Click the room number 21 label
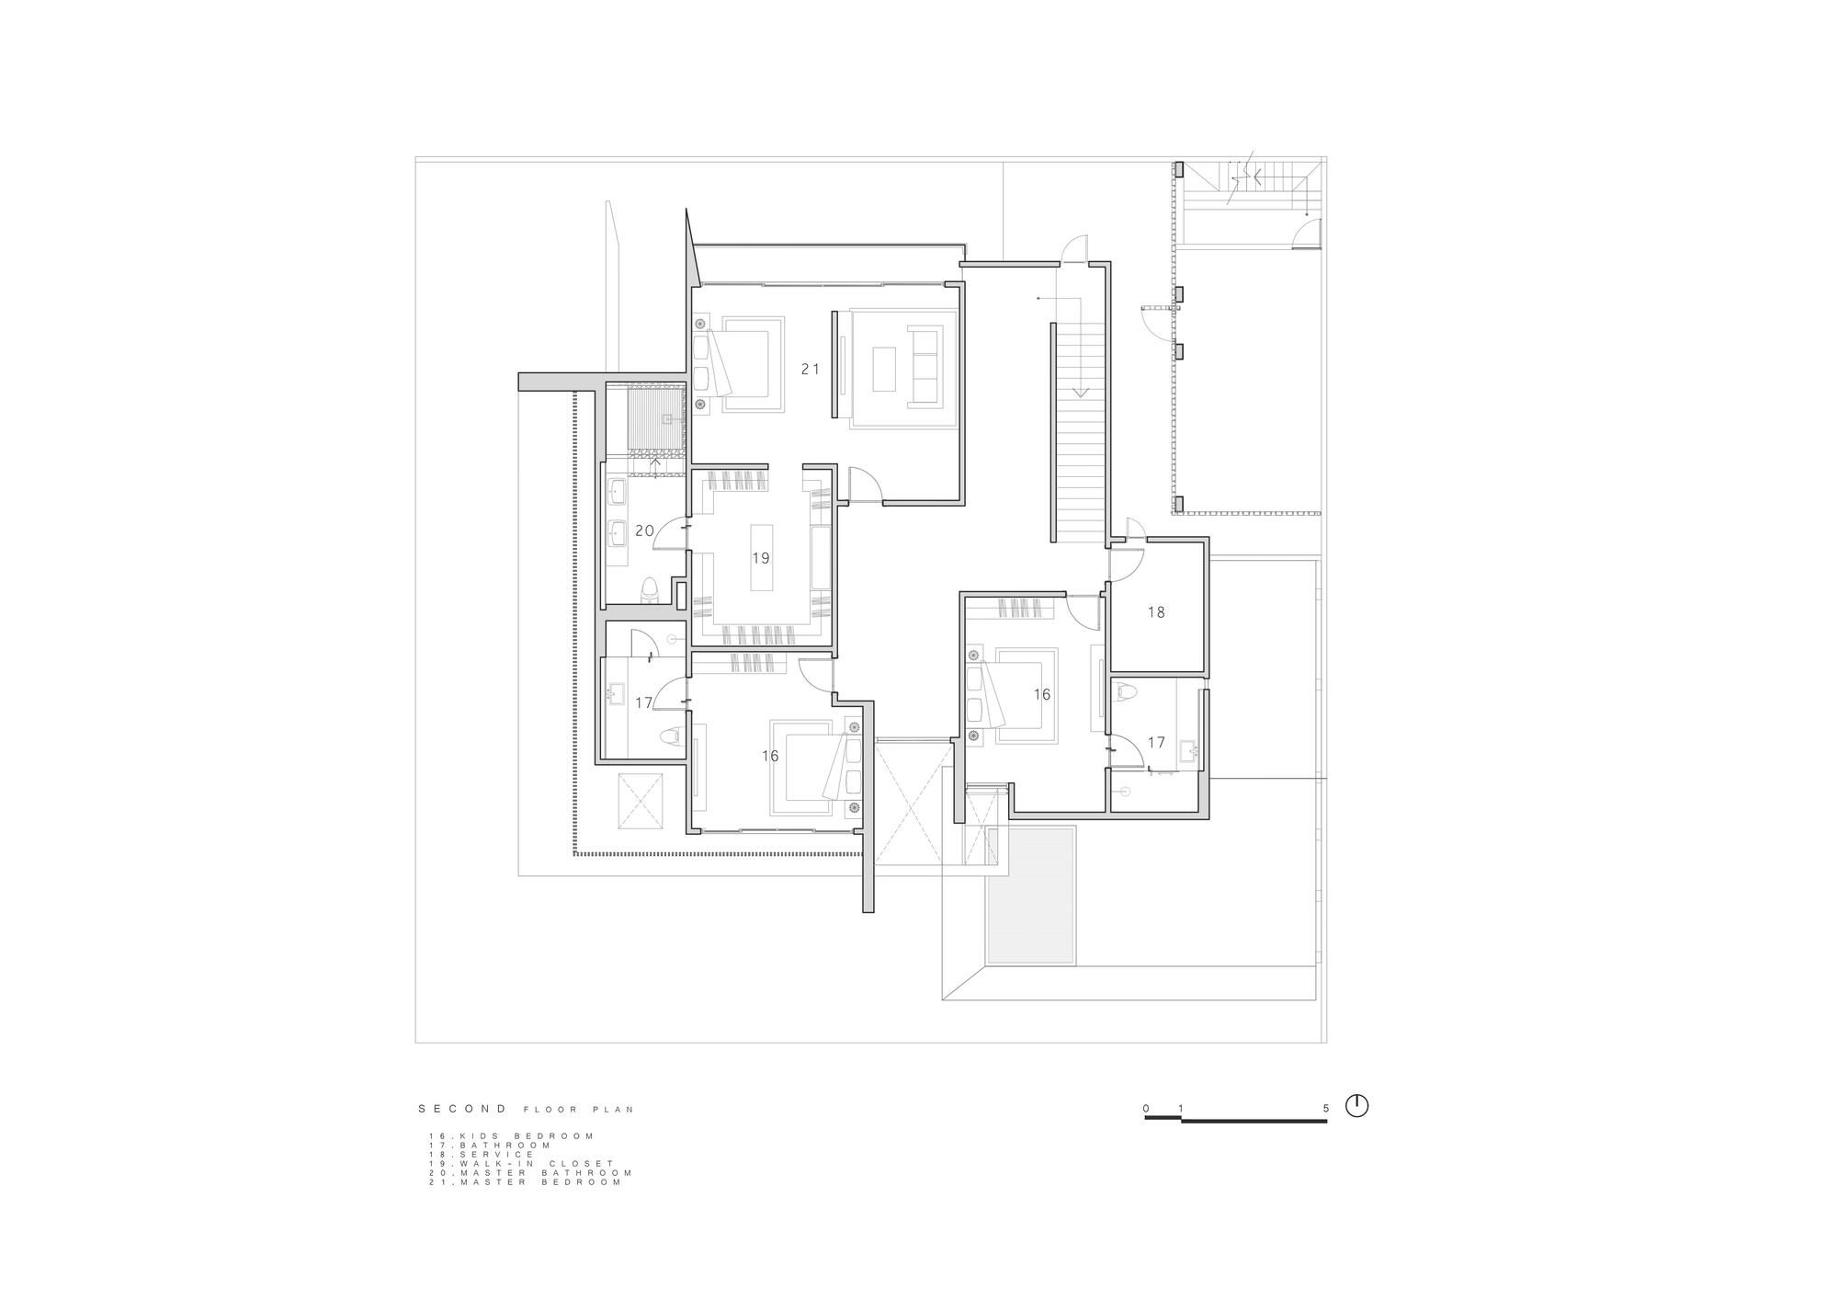click(810, 369)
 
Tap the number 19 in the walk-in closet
click(760, 558)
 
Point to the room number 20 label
click(644, 530)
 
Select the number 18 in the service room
click(1156, 611)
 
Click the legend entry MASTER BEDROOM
click(525, 1182)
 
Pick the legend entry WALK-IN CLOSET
click(521, 1164)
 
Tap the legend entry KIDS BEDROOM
click(511, 1136)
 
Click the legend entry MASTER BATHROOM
click(530, 1173)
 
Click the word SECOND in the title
click(462, 1109)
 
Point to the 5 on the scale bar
click(1326, 1109)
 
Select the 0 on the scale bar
click(1146, 1109)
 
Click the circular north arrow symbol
click(1356, 1105)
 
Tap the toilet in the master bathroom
click(651, 589)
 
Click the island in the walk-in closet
click(760, 557)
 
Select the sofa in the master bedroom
click(925, 366)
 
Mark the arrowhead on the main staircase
click(1080, 392)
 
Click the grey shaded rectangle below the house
click(1030, 895)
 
